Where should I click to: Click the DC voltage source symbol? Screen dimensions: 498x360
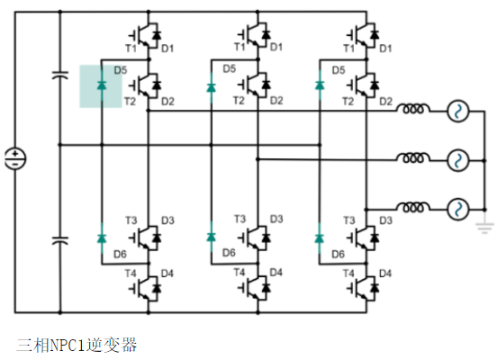point(15,158)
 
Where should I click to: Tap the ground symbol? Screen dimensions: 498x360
point(484,228)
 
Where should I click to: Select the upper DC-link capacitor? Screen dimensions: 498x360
point(60,76)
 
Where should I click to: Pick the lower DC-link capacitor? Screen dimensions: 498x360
point(60,240)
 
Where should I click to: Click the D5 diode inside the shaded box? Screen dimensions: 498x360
point(102,85)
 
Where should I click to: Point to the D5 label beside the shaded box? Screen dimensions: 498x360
point(121,70)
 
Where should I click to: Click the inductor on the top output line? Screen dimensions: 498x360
point(412,109)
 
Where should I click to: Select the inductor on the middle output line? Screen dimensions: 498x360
point(412,157)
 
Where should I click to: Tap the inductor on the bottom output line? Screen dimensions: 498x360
point(412,207)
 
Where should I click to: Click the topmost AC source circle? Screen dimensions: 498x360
point(457,112)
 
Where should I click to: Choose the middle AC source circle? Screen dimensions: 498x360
point(457,160)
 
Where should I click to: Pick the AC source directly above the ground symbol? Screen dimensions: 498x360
point(457,210)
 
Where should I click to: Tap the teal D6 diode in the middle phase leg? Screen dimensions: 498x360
point(212,237)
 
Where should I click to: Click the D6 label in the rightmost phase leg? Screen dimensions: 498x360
point(338,254)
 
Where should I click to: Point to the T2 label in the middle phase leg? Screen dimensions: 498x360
point(239,101)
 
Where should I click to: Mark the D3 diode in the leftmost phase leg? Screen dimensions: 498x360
point(157,238)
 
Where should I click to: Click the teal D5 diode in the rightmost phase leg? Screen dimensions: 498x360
point(320,85)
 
